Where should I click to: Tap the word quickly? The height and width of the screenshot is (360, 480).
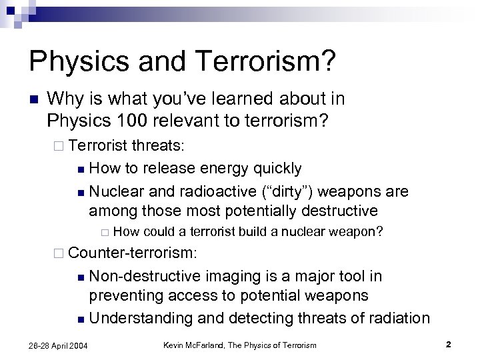click(x=273, y=168)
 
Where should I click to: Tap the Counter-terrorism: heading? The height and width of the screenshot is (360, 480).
click(x=133, y=253)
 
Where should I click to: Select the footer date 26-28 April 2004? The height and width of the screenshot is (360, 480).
click(x=57, y=345)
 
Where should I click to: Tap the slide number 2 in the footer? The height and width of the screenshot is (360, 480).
click(x=449, y=344)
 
